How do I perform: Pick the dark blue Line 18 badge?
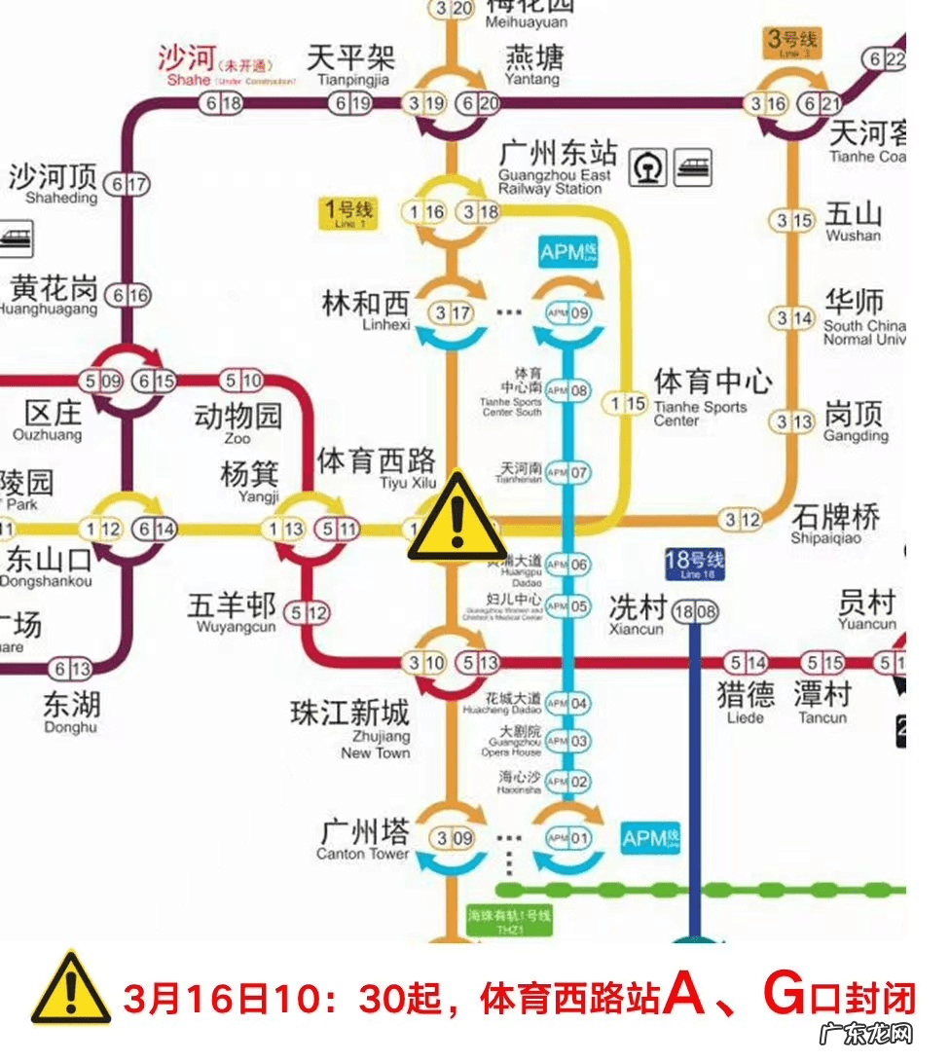(x=695, y=565)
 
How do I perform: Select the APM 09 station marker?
(x=568, y=313)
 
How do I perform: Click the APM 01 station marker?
(x=568, y=837)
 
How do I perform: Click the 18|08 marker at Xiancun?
(x=694, y=612)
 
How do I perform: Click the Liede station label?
(x=746, y=701)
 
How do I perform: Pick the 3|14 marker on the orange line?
(x=792, y=317)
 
